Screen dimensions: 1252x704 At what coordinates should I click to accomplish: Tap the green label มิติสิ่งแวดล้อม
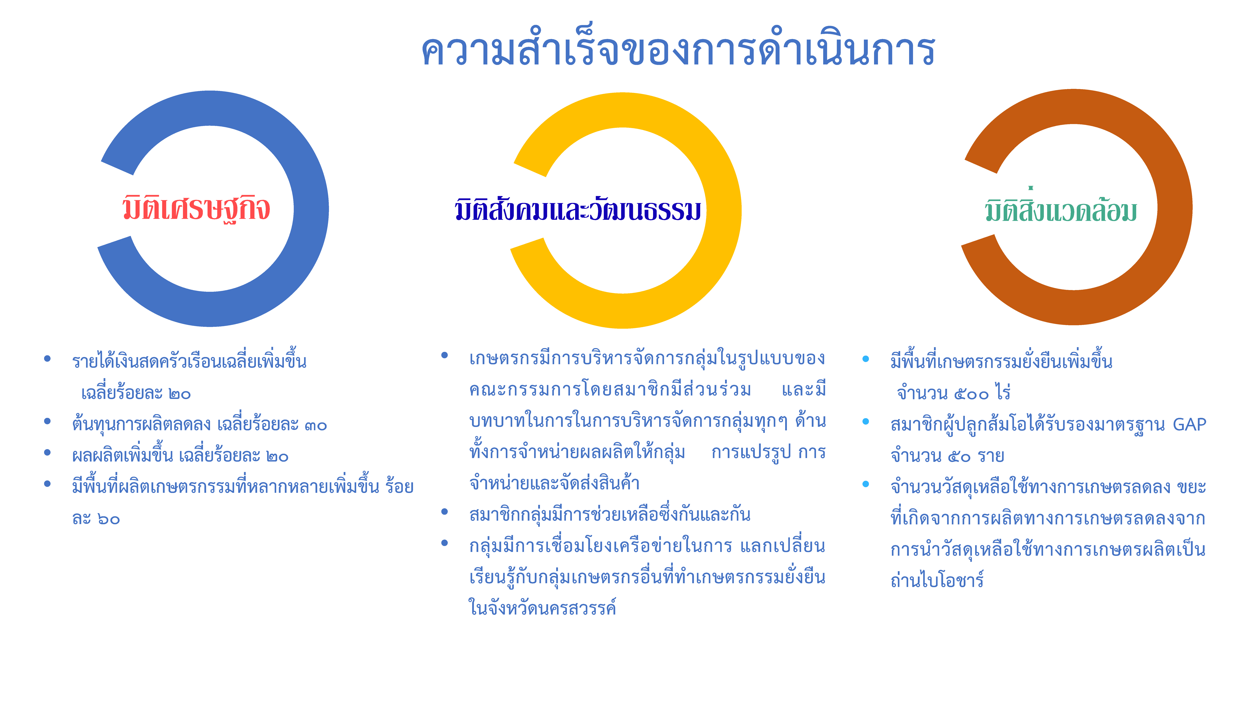(1061, 209)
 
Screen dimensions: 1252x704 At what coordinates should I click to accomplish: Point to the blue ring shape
(311, 209)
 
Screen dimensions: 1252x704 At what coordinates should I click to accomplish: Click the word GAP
(1189, 424)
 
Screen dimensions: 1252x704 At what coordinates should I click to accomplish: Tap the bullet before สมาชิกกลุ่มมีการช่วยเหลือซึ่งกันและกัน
(444, 512)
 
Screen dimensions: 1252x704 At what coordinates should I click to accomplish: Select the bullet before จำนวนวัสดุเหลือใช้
(866, 484)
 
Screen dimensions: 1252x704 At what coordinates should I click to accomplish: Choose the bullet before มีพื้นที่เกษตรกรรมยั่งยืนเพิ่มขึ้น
(866, 359)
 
